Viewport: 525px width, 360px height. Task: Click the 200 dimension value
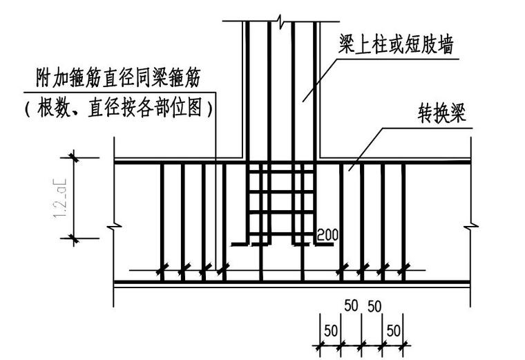tap(327, 235)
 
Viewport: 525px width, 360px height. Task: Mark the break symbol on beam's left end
tap(114, 225)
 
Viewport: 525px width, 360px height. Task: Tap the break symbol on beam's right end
tap(470, 225)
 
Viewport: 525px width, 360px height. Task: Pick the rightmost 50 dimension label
tap(394, 330)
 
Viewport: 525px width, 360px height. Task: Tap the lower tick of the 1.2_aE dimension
tap(73, 239)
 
